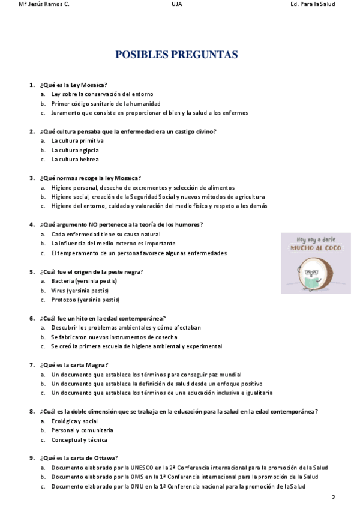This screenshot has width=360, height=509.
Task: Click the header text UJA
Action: [176, 4]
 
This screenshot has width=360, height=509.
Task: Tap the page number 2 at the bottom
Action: [334, 498]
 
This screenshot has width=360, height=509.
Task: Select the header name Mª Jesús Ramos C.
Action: [44, 4]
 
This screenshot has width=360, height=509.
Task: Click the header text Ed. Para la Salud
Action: [312, 4]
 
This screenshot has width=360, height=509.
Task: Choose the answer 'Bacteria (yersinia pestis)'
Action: [84, 281]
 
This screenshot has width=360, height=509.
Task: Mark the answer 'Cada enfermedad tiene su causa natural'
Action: [106, 234]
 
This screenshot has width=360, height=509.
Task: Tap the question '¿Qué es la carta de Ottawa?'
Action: [79, 458]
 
